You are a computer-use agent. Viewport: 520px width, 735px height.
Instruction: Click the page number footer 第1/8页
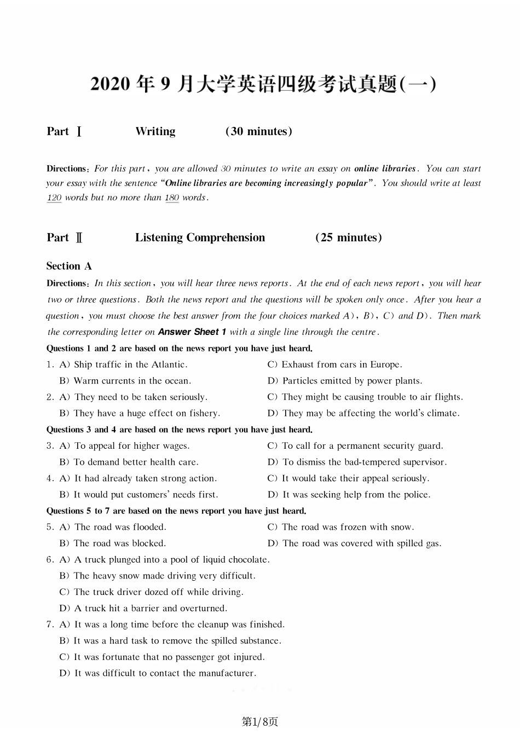pyautogui.click(x=260, y=722)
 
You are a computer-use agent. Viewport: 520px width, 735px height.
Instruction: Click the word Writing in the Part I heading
pyautogui.click(x=155, y=131)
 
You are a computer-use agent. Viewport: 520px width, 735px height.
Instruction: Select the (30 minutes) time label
pyautogui.click(x=259, y=131)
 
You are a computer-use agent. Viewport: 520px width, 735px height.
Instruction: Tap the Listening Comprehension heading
pyautogui.click(x=200, y=238)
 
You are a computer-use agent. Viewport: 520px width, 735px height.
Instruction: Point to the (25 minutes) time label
pyautogui.click(x=349, y=238)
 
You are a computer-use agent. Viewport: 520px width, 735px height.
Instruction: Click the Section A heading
pyautogui.click(x=69, y=266)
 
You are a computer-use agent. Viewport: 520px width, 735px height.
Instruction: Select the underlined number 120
pyautogui.click(x=54, y=198)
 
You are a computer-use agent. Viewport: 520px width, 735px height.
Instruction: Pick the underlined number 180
pyautogui.click(x=172, y=198)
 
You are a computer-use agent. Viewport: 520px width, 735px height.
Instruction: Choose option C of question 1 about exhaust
pyautogui.click(x=335, y=364)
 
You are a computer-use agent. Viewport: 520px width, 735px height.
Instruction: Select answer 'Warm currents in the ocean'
pyautogui.click(x=125, y=381)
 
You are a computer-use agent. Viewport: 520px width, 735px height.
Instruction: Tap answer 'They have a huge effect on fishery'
pyautogui.click(x=140, y=413)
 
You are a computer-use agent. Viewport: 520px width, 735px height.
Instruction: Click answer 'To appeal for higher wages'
pyautogui.click(x=125, y=445)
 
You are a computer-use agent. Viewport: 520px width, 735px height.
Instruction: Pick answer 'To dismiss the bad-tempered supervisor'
pyautogui.click(x=357, y=462)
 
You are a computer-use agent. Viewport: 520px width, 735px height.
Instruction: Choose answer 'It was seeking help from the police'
pyautogui.click(x=349, y=494)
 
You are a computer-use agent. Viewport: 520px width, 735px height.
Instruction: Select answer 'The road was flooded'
pyautogui.click(x=113, y=527)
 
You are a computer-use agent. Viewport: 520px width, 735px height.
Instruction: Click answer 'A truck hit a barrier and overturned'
pyautogui.click(x=143, y=608)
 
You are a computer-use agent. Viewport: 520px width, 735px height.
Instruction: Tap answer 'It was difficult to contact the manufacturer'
pyautogui.click(x=158, y=673)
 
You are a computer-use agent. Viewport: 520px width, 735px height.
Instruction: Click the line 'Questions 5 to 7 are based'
pyautogui.click(x=176, y=511)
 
